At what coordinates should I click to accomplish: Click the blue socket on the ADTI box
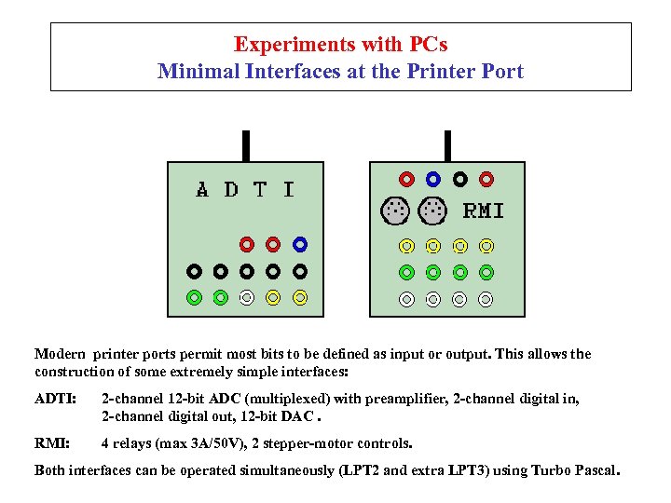(299, 245)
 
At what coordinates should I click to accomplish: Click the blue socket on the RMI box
(433, 178)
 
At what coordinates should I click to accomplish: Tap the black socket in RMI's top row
(460, 178)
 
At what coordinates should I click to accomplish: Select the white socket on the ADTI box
(246, 298)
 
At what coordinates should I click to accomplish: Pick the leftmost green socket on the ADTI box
(193, 298)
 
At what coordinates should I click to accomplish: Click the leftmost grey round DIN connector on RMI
(395, 211)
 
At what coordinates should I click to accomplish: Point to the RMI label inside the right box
(484, 211)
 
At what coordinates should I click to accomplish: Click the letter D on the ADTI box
(231, 190)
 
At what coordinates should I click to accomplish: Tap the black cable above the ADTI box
(246, 146)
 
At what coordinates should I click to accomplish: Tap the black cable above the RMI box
(448, 146)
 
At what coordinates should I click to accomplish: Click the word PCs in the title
(429, 45)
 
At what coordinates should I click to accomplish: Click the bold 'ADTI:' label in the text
(53, 400)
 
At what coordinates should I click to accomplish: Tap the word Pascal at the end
(594, 470)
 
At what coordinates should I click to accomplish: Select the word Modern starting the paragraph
(61, 354)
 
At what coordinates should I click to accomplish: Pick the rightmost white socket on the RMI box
(486, 299)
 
